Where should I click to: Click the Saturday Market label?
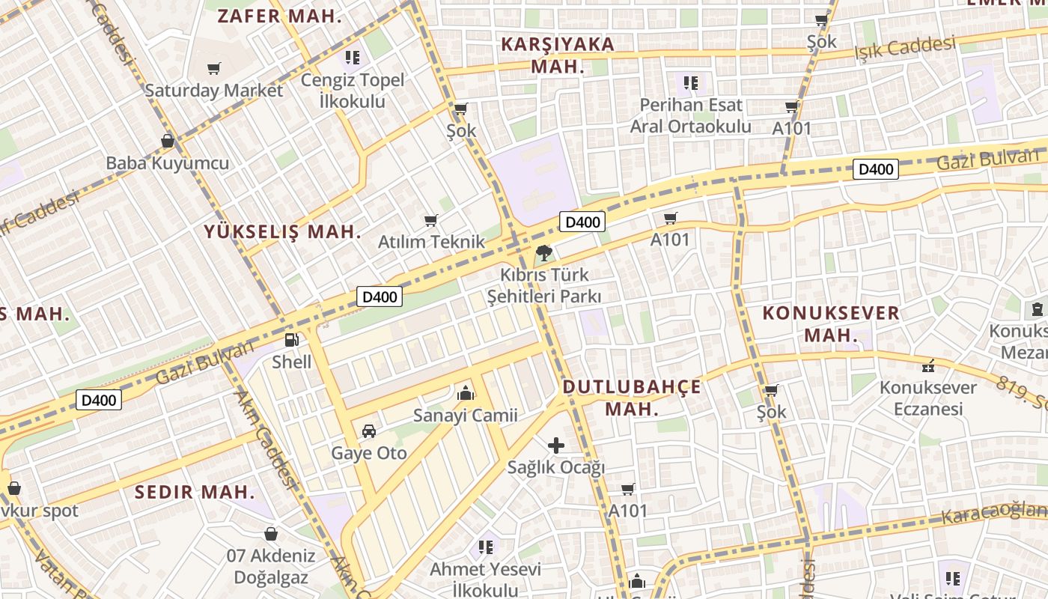click(214, 91)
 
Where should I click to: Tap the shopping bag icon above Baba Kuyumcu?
click(168, 141)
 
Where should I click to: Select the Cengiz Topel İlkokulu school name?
click(353, 91)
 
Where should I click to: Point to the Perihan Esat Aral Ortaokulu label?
click(690, 115)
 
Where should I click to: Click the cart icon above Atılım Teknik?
click(430, 220)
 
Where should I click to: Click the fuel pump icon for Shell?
click(291, 340)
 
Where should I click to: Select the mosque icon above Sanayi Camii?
click(466, 392)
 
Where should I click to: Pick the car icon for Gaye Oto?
click(369, 431)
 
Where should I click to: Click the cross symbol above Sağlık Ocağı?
click(556, 446)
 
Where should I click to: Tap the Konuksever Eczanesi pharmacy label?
click(928, 398)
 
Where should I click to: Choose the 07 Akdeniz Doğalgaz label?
click(271, 567)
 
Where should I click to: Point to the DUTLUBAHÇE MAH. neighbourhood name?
click(632, 398)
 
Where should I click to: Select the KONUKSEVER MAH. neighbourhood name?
click(831, 323)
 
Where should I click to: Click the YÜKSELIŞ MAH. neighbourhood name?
click(283, 232)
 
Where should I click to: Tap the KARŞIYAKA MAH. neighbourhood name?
click(558, 55)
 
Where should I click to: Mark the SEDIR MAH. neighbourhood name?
click(195, 492)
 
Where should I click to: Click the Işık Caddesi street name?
click(905, 49)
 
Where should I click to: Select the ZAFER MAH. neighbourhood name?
click(280, 16)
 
